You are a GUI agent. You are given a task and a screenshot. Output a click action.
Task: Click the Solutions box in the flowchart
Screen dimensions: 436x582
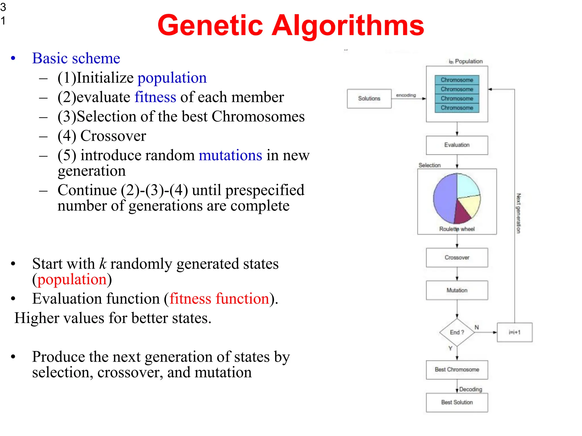coord(369,98)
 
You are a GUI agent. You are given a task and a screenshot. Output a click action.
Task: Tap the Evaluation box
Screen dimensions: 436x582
coord(457,145)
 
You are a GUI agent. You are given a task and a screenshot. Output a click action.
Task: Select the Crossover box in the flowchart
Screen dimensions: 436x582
coord(457,257)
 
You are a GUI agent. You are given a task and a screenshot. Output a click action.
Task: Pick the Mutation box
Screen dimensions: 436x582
coord(457,290)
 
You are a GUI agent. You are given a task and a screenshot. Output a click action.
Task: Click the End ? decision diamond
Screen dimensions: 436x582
coord(457,332)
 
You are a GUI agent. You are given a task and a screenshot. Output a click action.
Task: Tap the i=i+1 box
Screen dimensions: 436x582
coord(514,332)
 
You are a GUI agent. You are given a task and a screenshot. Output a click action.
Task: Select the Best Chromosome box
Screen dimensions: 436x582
coord(457,370)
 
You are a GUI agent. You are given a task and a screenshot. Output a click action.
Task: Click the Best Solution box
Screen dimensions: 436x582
coord(457,402)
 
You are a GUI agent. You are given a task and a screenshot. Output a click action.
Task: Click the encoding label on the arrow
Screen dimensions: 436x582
coord(406,95)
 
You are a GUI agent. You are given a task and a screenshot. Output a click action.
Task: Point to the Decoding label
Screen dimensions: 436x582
coord(471,389)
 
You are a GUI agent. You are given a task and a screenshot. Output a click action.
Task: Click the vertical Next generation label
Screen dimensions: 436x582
coord(518,213)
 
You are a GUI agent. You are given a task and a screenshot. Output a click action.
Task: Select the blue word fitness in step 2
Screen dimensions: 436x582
coord(155,97)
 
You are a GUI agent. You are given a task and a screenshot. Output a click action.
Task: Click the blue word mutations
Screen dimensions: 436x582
coord(230,155)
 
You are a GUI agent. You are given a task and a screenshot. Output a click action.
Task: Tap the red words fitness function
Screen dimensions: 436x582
coord(219,299)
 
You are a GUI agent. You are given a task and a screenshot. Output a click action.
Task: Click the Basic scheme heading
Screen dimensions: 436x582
coord(76,58)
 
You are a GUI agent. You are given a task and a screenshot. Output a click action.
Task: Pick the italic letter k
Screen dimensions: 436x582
coord(103,264)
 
